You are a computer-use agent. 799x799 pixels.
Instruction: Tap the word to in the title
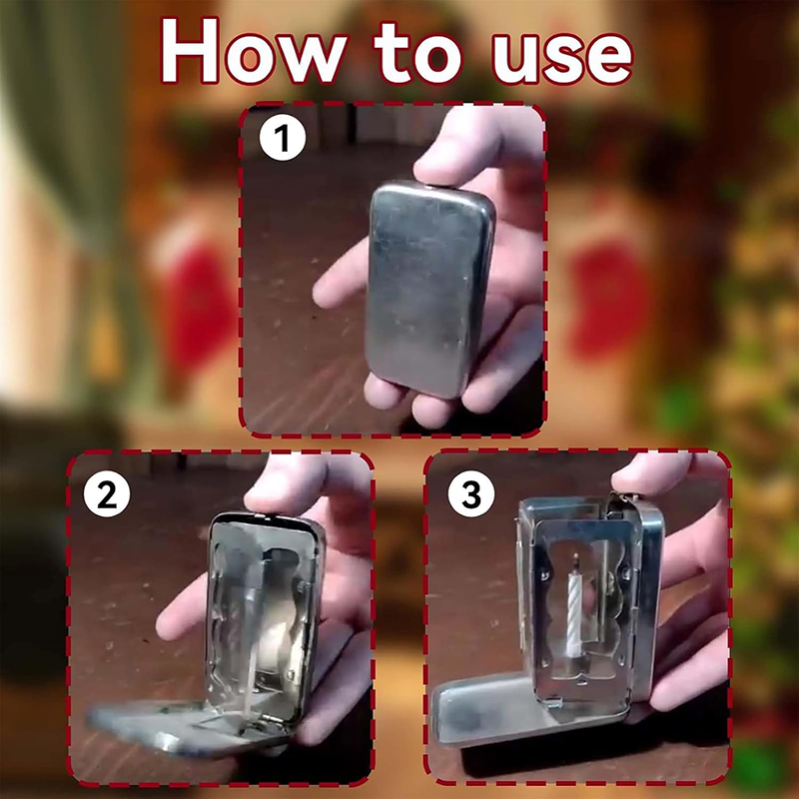click(x=418, y=54)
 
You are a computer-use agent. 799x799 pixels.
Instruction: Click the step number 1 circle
click(x=283, y=137)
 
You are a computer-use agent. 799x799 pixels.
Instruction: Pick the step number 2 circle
click(x=107, y=493)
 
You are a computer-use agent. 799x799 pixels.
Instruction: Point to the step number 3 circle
click(x=470, y=493)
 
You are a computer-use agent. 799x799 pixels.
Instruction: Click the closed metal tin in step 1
click(x=429, y=289)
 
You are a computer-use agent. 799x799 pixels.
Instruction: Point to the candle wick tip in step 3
click(x=576, y=555)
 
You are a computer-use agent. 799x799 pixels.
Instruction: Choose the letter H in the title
click(x=190, y=51)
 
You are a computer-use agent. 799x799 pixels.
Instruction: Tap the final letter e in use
click(x=610, y=60)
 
